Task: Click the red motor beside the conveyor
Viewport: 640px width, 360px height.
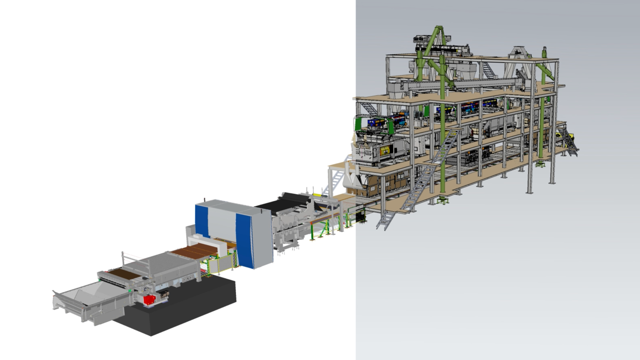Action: point(149,300)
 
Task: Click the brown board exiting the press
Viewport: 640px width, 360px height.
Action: point(194,250)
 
